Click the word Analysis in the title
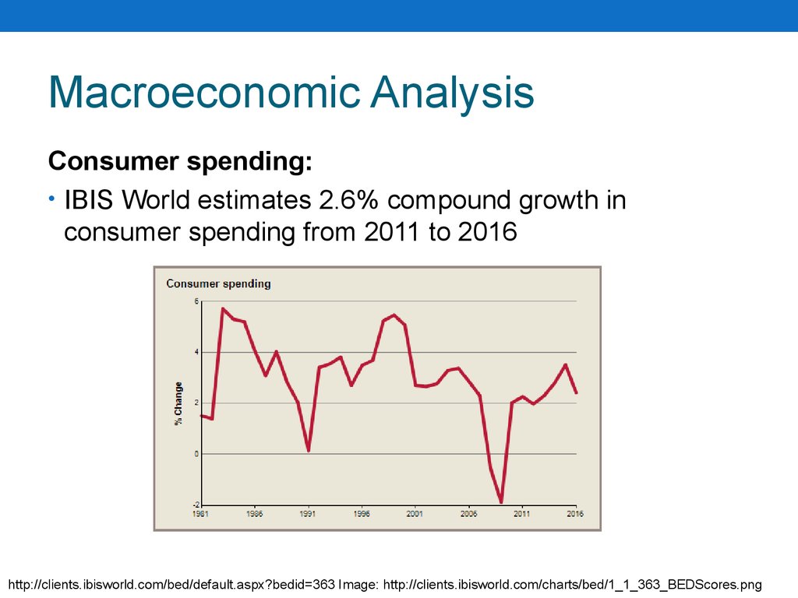point(453,93)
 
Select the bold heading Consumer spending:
point(180,162)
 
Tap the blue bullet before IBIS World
point(51,199)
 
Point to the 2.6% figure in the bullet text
point(348,200)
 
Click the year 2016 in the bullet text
point(488,232)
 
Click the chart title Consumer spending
point(218,283)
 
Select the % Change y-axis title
point(178,403)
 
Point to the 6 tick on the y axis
point(196,301)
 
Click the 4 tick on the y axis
point(196,352)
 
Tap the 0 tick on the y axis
point(196,454)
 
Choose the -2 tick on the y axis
point(196,505)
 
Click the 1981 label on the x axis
point(200,514)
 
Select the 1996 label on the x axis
point(362,514)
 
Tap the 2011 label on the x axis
point(521,514)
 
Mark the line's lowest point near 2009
point(501,502)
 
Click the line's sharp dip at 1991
point(309,451)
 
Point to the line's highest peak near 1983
point(223,308)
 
